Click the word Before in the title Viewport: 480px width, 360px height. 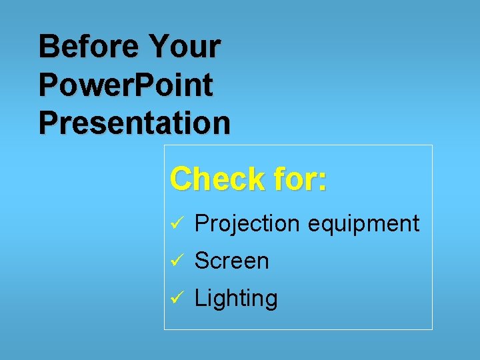click(x=88, y=47)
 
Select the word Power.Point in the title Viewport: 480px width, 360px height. click(x=126, y=85)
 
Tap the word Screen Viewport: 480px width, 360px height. click(x=231, y=261)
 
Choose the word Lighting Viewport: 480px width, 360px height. click(x=235, y=298)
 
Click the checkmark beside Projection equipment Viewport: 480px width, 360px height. click(x=176, y=224)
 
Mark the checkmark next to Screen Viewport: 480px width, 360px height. click(x=176, y=261)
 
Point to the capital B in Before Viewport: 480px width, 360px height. click(x=49, y=47)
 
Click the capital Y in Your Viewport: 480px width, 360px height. click(x=160, y=47)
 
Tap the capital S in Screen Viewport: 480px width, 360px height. click(x=201, y=261)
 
